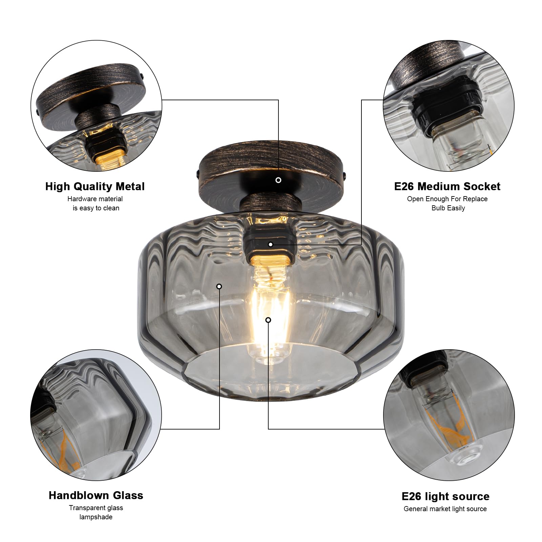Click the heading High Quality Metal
95,186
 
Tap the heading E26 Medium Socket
447,186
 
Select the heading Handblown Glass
96,495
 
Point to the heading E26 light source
445,496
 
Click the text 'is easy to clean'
96,208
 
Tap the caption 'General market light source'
445,509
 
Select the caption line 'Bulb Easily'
448,208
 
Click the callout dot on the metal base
278,180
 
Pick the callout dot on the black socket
270,244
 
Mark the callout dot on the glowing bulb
268,320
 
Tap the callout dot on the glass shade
219,286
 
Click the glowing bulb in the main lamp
269,305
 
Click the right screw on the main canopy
345,175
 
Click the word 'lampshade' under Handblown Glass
96,517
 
